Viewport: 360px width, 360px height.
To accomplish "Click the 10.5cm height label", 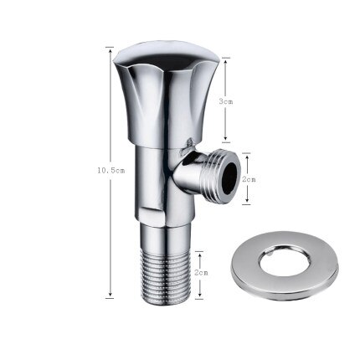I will pyautogui.click(x=111, y=170).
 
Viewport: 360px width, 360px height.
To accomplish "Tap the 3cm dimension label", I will pyautogui.click(x=226, y=100).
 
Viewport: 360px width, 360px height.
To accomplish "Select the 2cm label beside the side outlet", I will pyautogui.click(x=249, y=178).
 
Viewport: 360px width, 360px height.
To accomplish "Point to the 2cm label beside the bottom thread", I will pyautogui.click(x=201, y=273).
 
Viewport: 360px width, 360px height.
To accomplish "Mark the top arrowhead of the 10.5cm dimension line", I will pyautogui.click(x=111, y=49).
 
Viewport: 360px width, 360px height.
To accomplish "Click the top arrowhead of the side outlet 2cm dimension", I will pyautogui.click(x=248, y=155).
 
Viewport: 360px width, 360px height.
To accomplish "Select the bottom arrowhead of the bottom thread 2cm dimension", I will pyautogui.click(x=199, y=295).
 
